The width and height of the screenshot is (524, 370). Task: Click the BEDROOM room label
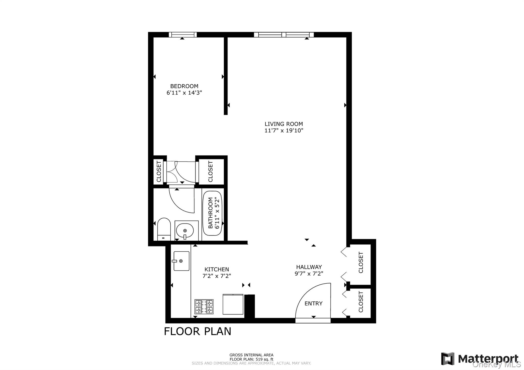point(184,86)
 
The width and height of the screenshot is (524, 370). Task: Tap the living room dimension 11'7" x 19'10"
point(284,131)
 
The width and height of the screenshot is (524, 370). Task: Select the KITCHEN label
point(217,269)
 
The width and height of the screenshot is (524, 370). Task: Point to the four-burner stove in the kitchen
point(204,306)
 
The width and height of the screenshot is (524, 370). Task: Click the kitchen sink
point(181,261)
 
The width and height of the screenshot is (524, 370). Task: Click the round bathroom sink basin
point(185,231)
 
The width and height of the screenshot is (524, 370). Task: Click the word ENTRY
point(313,304)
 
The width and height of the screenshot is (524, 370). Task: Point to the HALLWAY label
point(309,267)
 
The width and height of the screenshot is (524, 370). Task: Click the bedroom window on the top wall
point(183,35)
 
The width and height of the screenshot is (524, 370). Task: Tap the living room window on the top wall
point(284,35)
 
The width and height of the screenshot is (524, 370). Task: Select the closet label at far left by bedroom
point(159,171)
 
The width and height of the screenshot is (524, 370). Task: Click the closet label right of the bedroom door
point(211,171)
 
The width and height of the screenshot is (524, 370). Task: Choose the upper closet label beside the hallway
point(361,262)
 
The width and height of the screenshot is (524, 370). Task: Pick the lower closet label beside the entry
point(361,302)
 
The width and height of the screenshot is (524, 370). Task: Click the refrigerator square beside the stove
point(233,304)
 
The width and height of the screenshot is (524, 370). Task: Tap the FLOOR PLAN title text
point(197,331)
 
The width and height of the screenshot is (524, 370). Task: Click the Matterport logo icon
point(447,358)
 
